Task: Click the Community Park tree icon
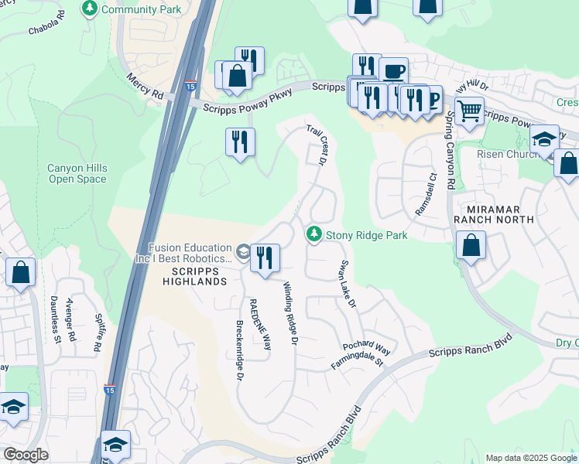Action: [x=90, y=9]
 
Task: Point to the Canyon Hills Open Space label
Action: [x=77, y=173]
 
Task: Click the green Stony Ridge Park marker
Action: [x=313, y=233]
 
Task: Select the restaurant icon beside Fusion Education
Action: [x=265, y=258]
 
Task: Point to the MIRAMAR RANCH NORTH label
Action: [x=501, y=214]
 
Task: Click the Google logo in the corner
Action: [x=25, y=455]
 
